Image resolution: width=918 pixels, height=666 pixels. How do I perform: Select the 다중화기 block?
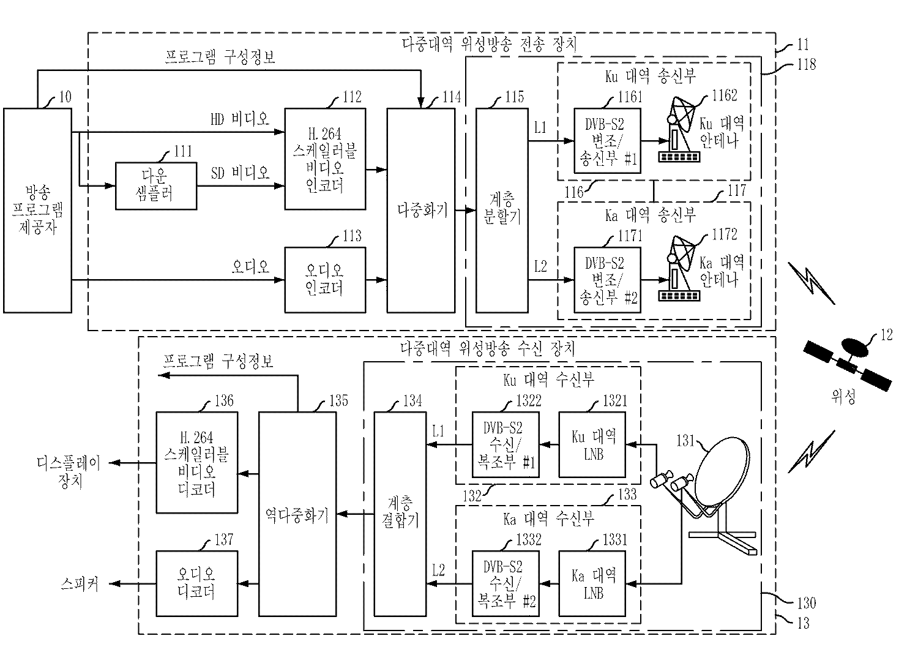(421, 211)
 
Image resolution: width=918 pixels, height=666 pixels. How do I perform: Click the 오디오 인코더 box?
(325, 280)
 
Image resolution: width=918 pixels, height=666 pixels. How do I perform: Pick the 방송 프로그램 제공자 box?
(38, 211)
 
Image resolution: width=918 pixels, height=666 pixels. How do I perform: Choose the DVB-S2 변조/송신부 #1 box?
(607, 141)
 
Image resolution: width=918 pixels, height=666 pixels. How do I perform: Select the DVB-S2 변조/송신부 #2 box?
(607, 280)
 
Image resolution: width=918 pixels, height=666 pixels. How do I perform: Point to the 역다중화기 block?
(297, 514)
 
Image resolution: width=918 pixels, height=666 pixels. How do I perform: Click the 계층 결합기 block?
(400, 514)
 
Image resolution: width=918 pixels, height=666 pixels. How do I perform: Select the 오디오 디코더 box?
(196, 583)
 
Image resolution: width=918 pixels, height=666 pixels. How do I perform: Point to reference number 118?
(806, 64)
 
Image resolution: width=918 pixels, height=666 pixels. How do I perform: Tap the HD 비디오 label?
(239, 119)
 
